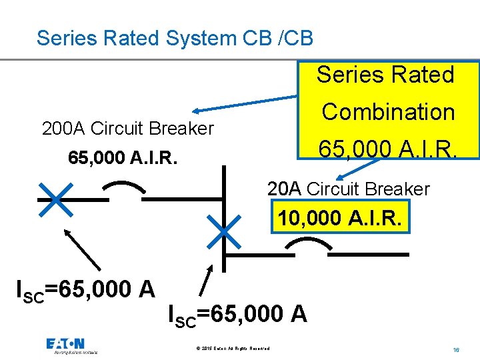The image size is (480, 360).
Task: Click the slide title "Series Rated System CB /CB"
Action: point(175,37)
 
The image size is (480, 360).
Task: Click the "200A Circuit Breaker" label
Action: point(127,128)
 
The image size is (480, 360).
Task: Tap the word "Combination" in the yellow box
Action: point(388,112)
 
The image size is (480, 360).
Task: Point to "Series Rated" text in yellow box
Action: point(385,75)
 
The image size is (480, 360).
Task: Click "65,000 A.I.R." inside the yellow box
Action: point(388,145)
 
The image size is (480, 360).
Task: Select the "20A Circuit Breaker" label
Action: point(349,189)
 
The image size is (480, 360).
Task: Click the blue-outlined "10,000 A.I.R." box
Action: point(340,217)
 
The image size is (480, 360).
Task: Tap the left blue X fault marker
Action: point(56,198)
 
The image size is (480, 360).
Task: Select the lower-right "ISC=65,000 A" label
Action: point(238,313)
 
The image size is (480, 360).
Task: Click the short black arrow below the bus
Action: point(207,279)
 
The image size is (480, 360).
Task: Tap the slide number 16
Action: point(456,349)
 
